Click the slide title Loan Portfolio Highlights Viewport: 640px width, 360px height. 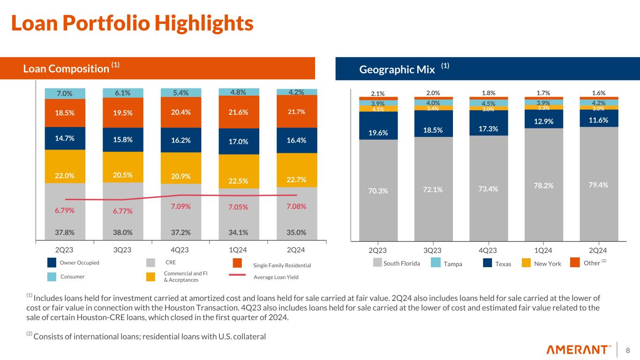tap(132, 23)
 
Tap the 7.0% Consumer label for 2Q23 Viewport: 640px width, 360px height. tap(64, 93)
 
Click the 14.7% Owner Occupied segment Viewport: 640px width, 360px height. tap(64, 138)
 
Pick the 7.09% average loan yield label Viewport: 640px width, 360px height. tap(181, 206)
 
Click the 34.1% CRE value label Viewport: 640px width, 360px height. tap(239, 232)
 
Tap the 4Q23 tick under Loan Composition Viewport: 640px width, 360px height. tap(181, 249)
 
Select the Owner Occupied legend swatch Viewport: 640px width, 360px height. tap(53, 263)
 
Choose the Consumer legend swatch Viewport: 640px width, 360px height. tap(53, 277)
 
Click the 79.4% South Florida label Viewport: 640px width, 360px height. tap(599, 185)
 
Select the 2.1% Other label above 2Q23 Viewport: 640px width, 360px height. tap(378, 93)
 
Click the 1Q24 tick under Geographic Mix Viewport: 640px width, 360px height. tap(543, 249)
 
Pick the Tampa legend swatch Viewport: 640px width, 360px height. tap(435, 263)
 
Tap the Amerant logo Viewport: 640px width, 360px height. tap(580, 350)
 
